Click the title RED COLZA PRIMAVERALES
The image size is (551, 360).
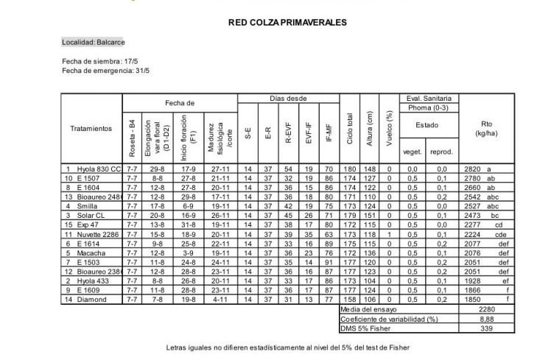coord(287,23)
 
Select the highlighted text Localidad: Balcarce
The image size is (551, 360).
coord(94,42)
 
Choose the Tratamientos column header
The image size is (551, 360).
coord(91,129)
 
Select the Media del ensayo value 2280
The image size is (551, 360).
coord(486,309)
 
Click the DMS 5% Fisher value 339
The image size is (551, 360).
coord(486,328)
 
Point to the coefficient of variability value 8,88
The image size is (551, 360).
coord(486,319)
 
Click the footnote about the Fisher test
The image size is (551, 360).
coord(287,347)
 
